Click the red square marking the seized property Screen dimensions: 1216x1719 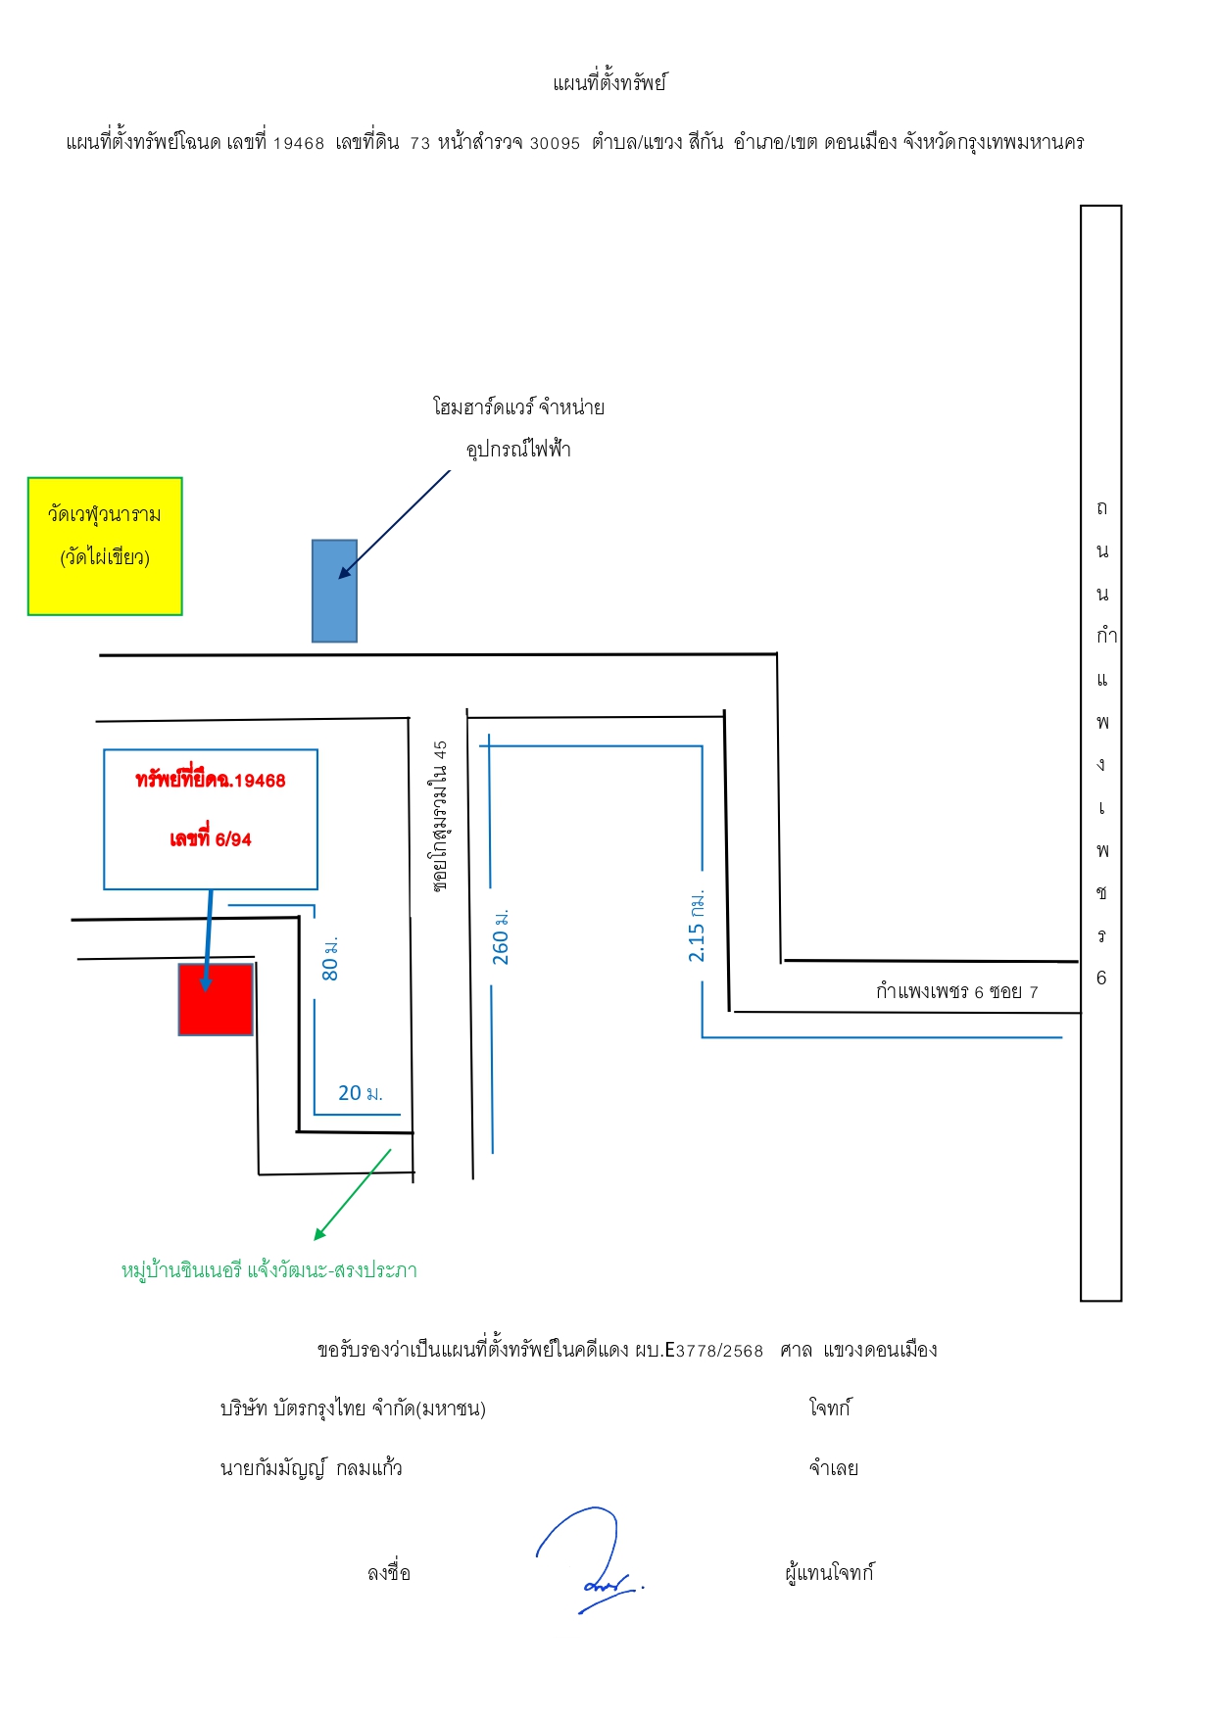(216, 999)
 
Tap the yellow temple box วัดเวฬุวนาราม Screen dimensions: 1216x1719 (105, 547)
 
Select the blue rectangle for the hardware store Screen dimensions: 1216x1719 (334, 591)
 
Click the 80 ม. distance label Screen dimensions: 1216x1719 (330, 958)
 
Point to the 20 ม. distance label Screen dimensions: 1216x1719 (361, 1093)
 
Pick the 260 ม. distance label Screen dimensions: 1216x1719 (501, 936)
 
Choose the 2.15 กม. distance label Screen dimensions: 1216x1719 (697, 926)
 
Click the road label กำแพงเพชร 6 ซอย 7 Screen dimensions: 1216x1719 (957, 991)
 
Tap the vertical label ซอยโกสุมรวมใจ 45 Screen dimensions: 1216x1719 (440, 815)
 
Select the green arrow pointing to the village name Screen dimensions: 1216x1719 (353, 1195)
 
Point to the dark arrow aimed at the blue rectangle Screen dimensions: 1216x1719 (394, 524)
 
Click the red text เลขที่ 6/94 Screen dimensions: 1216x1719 (211, 838)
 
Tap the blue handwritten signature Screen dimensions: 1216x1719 (590, 1558)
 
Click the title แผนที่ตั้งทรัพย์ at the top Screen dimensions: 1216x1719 (609, 83)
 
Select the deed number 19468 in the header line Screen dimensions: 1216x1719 (298, 143)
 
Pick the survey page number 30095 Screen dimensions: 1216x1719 (555, 143)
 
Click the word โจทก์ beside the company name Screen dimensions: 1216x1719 (830, 1409)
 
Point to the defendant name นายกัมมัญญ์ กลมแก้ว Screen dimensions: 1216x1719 (312, 1468)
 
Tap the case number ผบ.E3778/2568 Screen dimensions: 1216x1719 (699, 1351)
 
